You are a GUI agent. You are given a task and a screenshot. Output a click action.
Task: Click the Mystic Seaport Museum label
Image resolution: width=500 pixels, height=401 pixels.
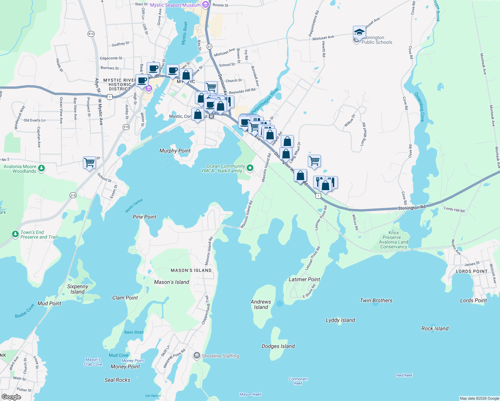[175, 5]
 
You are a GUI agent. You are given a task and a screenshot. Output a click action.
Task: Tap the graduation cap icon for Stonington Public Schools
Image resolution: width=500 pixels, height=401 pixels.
[359, 32]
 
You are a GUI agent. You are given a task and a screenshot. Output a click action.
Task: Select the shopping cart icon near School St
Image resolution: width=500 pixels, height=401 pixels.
[89, 163]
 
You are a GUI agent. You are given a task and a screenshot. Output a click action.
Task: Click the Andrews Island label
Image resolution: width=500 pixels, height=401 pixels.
[261, 304]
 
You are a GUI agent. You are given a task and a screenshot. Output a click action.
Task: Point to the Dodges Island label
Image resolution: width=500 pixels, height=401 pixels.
[278, 346]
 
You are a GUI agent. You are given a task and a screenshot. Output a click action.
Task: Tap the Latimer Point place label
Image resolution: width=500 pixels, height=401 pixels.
[304, 279]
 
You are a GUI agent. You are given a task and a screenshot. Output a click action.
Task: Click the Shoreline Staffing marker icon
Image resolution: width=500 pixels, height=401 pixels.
[197, 356]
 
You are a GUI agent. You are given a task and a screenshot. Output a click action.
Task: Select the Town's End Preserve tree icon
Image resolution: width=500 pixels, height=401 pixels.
[15, 234]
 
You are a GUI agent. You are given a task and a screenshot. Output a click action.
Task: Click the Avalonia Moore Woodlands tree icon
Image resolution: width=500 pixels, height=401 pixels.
[41, 168]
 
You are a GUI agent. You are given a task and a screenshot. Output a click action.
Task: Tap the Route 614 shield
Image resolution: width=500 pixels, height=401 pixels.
[91, 34]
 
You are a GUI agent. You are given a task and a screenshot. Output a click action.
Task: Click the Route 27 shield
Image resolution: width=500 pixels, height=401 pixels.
[209, 46]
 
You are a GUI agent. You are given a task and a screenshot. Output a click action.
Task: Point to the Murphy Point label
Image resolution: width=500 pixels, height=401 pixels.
[175, 151]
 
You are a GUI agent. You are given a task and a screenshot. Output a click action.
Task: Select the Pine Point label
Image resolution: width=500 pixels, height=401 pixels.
[144, 217]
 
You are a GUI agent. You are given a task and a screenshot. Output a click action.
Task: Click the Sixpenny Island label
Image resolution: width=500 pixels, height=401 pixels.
[78, 289]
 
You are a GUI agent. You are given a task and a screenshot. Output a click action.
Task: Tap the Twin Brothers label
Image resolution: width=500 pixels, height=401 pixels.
[376, 300]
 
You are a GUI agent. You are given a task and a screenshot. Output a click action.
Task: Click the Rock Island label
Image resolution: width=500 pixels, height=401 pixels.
[435, 328]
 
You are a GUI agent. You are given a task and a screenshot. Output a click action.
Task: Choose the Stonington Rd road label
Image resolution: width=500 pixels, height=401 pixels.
[411, 208]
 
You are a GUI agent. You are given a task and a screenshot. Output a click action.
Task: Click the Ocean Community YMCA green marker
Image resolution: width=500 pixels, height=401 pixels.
[250, 167]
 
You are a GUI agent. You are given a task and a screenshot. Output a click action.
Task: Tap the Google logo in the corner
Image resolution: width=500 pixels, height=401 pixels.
[11, 397]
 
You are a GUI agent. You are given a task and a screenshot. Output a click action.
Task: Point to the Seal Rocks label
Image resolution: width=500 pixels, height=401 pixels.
[117, 380]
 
